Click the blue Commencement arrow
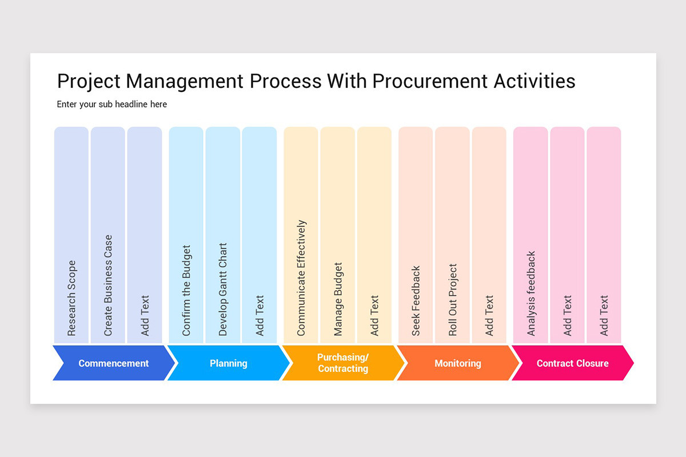point(113,363)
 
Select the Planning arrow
point(228,363)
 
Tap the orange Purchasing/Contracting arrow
point(343,363)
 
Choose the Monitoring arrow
point(457,363)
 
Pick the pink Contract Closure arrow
point(572,363)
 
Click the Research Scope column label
point(71,298)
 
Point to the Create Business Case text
point(108,285)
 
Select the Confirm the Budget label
point(186,290)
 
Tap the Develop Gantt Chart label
point(223,289)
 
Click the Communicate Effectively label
point(301,278)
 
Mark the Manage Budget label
point(338,299)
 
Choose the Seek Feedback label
point(416,300)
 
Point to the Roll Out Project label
point(453,299)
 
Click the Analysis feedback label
point(531,293)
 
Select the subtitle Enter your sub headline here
point(112,105)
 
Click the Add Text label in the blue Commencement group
point(145,315)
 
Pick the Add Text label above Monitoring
point(489,315)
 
